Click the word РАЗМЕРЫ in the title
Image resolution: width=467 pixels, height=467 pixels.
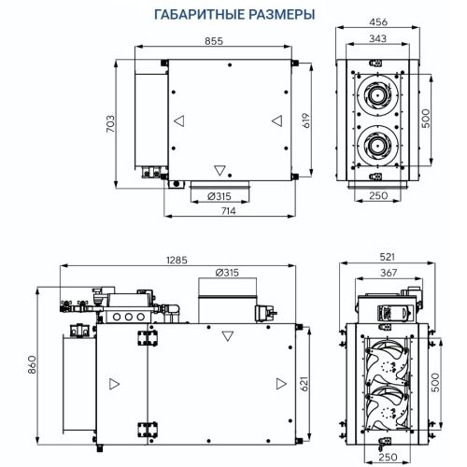point(276,15)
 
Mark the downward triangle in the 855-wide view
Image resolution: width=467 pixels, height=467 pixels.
point(219,170)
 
